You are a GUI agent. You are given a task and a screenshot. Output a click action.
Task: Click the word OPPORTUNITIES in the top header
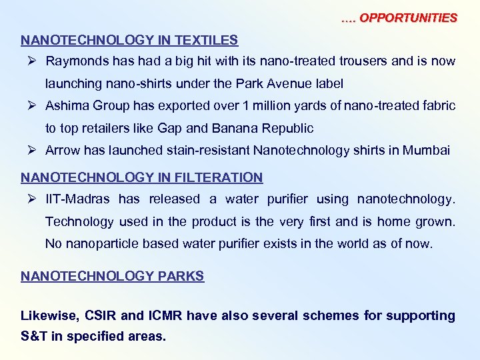[x=408, y=18]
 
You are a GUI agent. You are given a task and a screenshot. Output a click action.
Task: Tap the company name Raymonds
[x=75, y=61]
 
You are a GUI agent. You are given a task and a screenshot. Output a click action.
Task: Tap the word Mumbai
[x=429, y=151]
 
